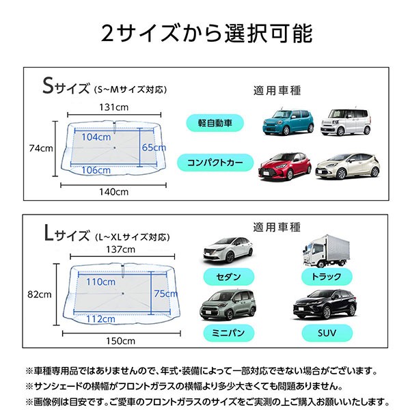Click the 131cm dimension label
click(113, 107)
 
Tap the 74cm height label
click(41, 148)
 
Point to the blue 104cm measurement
click(96, 137)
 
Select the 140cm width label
click(113, 192)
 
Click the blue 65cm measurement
click(154, 148)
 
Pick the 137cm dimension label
click(120, 249)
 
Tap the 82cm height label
click(40, 295)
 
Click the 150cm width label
click(120, 341)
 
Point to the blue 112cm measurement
click(100, 319)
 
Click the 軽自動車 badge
click(215, 123)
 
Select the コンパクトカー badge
click(215, 163)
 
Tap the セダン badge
click(228, 277)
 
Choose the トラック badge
click(327, 277)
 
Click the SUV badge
click(327, 333)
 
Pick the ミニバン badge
click(228, 333)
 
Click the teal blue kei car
click(288, 122)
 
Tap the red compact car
click(285, 167)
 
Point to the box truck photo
click(326, 251)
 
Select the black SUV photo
click(325, 304)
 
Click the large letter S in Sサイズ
click(48, 85)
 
